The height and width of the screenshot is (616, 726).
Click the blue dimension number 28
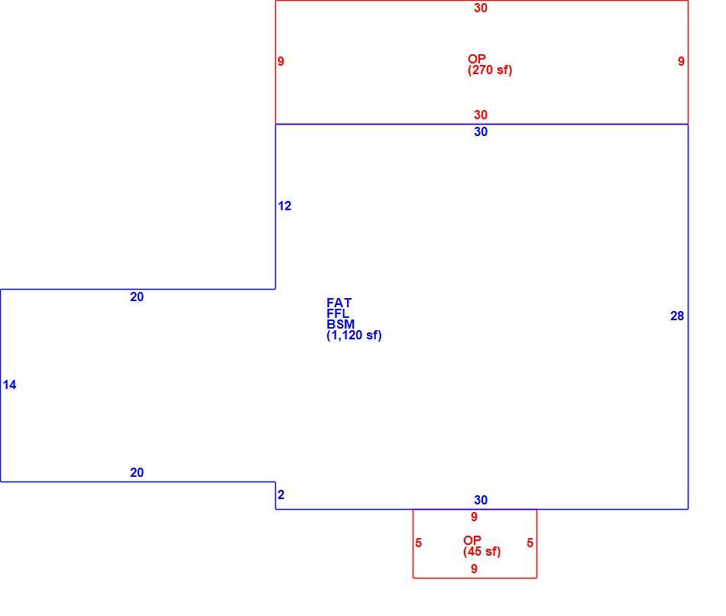tap(677, 316)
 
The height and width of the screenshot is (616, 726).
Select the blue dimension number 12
tap(285, 206)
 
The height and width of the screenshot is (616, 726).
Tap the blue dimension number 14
tap(9, 385)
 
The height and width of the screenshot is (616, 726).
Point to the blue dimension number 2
tap(281, 494)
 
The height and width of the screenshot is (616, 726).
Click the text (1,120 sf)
tap(354, 336)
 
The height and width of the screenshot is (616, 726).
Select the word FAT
tap(339, 303)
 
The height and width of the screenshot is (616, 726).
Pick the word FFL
tap(338, 313)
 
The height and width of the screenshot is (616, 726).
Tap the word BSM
tap(340, 324)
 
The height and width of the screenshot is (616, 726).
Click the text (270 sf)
tap(490, 70)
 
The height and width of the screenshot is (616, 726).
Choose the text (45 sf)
tap(482, 552)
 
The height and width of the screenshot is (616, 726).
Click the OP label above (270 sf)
tap(476, 60)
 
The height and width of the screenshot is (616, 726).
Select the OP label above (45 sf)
tap(472, 540)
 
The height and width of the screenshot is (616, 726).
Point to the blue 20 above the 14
tap(137, 297)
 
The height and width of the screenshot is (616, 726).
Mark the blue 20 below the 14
tap(137, 472)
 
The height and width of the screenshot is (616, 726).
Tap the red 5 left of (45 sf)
tap(419, 543)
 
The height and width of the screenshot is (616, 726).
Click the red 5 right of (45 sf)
tap(530, 543)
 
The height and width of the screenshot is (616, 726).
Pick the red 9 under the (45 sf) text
tap(474, 569)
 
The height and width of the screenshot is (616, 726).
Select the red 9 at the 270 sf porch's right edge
tap(681, 61)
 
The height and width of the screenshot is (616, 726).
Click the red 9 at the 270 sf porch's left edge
tap(281, 61)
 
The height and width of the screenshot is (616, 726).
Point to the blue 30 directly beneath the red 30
tap(481, 132)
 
